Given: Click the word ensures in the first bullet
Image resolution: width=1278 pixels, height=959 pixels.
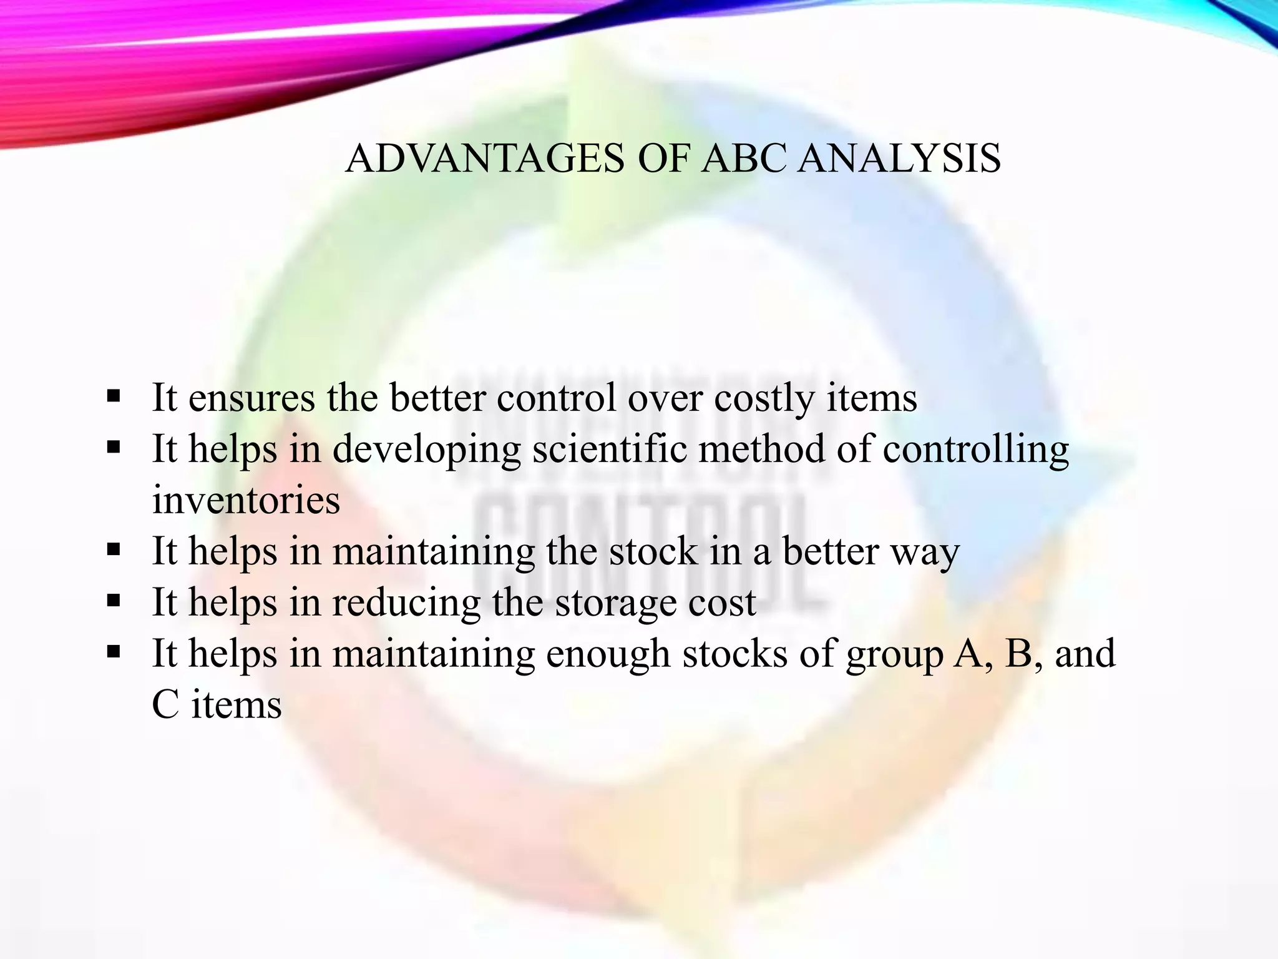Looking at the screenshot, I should coord(251,398).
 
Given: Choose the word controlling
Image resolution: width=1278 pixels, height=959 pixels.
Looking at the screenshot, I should coord(975,449).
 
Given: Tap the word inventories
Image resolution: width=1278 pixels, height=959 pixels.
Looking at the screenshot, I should coord(246,500).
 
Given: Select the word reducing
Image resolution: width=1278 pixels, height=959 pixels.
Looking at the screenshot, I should coord(406,602).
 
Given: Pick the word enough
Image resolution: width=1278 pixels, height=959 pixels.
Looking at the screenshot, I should coord(608,654).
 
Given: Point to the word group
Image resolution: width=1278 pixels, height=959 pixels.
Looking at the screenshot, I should coord(894,654).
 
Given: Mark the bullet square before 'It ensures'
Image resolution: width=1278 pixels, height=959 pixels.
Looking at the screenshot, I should coord(113,396).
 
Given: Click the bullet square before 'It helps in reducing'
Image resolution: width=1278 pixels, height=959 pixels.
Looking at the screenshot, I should coord(113,601).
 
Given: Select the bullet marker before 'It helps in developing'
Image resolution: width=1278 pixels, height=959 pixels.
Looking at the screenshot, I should coord(113,448).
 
